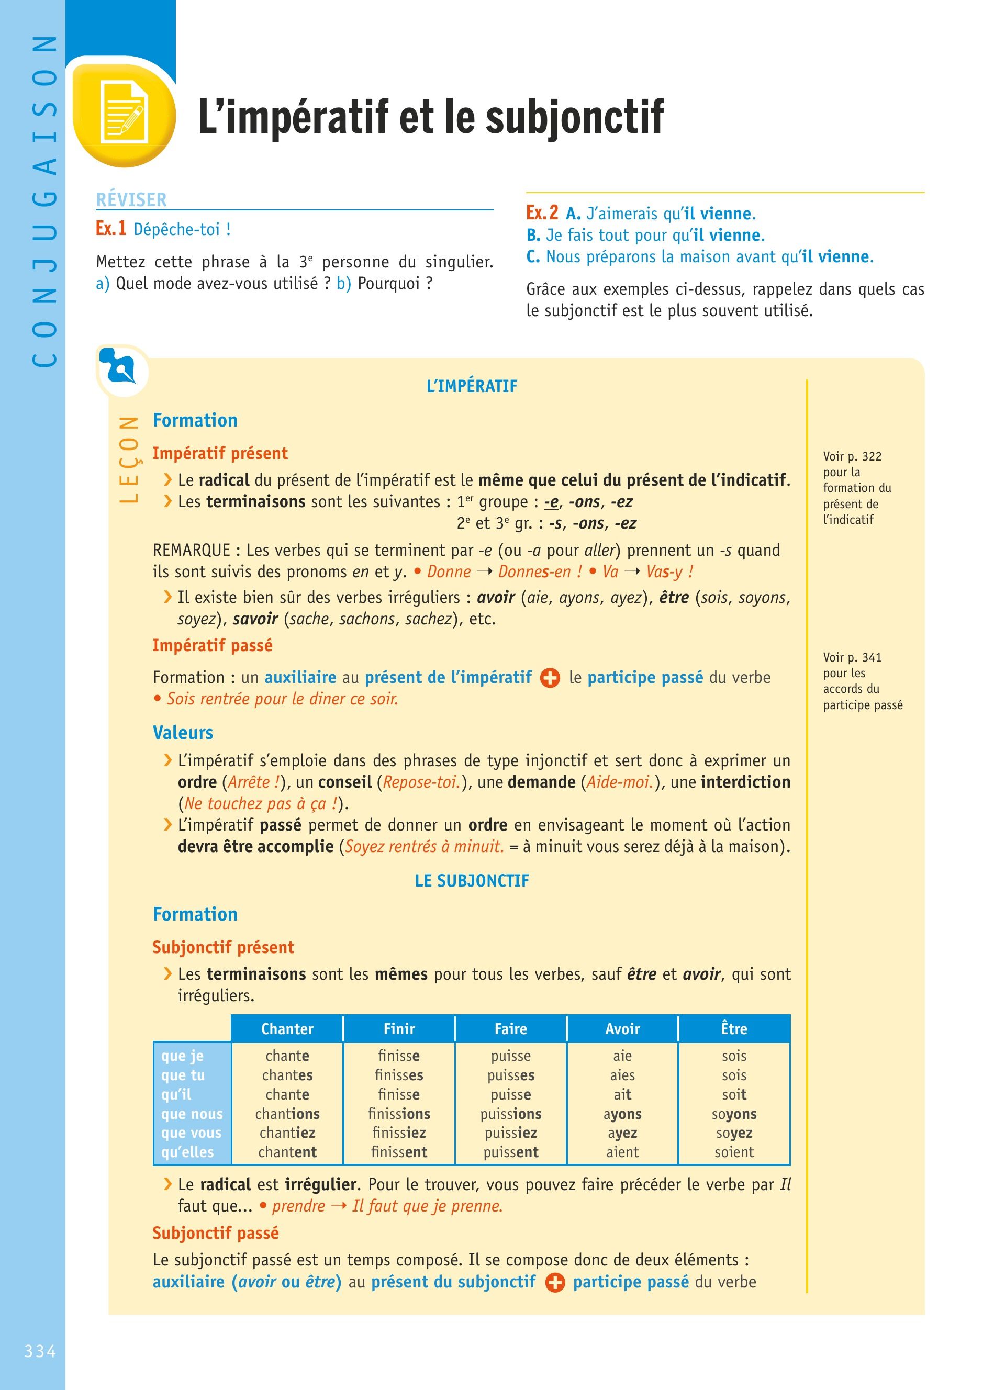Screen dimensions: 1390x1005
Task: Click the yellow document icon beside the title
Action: pyautogui.click(x=125, y=114)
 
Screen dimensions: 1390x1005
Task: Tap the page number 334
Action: pyautogui.click(x=40, y=1351)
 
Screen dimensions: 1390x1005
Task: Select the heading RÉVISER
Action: pyautogui.click(x=131, y=200)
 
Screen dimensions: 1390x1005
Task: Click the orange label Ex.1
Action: pyautogui.click(x=111, y=229)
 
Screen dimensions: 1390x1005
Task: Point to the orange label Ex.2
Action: pyautogui.click(x=542, y=212)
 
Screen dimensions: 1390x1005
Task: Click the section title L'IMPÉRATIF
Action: pyautogui.click(x=472, y=386)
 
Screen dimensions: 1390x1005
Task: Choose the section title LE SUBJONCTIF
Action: pyautogui.click(x=472, y=881)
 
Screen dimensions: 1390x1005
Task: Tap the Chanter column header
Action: pyautogui.click(x=287, y=1028)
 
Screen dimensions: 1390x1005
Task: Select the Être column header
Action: pyautogui.click(x=734, y=1028)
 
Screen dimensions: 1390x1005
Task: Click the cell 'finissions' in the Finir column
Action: pyautogui.click(x=399, y=1114)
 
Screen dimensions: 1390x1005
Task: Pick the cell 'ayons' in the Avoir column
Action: pyautogui.click(x=622, y=1114)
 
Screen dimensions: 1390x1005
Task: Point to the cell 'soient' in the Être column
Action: pyautogui.click(x=734, y=1152)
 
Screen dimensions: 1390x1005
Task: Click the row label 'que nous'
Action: pyautogui.click(x=192, y=1114)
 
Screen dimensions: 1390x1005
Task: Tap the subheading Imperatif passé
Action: pyautogui.click(x=213, y=645)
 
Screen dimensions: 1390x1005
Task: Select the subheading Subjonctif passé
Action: pyautogui.click(x=216, y=1233)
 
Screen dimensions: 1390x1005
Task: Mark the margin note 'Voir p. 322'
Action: pyautogui.click(x=852, y=456)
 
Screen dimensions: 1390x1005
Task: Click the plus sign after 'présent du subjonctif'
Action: pyautogui.click(x=555, y=1282)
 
